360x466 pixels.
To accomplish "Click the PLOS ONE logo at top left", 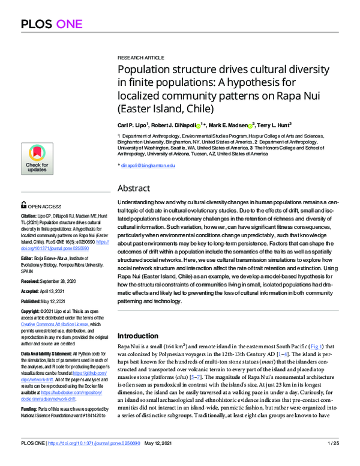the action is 47,25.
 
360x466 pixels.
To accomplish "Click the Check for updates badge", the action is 36,158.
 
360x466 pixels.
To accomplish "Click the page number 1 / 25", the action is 334,459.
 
